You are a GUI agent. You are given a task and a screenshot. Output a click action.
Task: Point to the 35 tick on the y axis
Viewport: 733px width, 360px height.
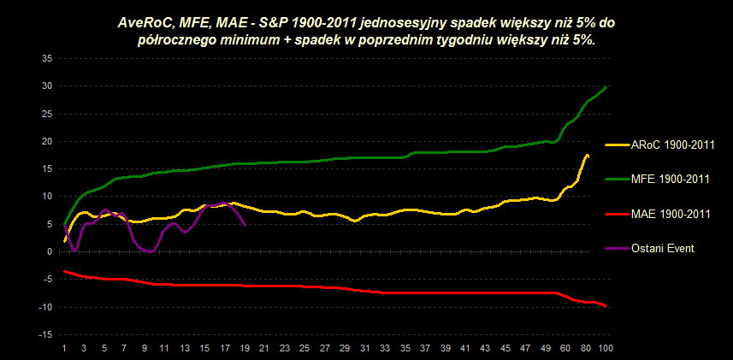tap(47, 58)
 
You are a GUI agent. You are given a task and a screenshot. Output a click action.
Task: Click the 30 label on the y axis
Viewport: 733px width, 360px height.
tap(47, 86)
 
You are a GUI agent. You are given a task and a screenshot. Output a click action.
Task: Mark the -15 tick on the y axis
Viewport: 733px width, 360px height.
tap(46, 334)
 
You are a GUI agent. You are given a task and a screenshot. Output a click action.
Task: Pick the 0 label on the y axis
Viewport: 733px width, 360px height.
tap(50, 251)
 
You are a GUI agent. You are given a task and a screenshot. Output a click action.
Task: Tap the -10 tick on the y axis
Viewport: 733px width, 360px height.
tap(46, 307)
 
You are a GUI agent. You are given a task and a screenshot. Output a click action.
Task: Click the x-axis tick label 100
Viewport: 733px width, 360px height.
tap(606, 348)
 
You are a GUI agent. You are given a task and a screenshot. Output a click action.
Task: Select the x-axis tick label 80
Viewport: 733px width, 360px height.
tap(587, 348)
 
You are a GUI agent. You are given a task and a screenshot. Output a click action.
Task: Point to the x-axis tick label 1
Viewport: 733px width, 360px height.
tap(65, 348)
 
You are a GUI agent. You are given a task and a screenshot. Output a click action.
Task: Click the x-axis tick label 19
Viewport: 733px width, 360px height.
tap(245, 348)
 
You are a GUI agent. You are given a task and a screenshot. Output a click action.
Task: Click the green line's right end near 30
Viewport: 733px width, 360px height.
tap(606, 86)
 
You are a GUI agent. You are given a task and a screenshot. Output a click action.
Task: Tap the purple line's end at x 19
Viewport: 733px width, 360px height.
tap(245, 226)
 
